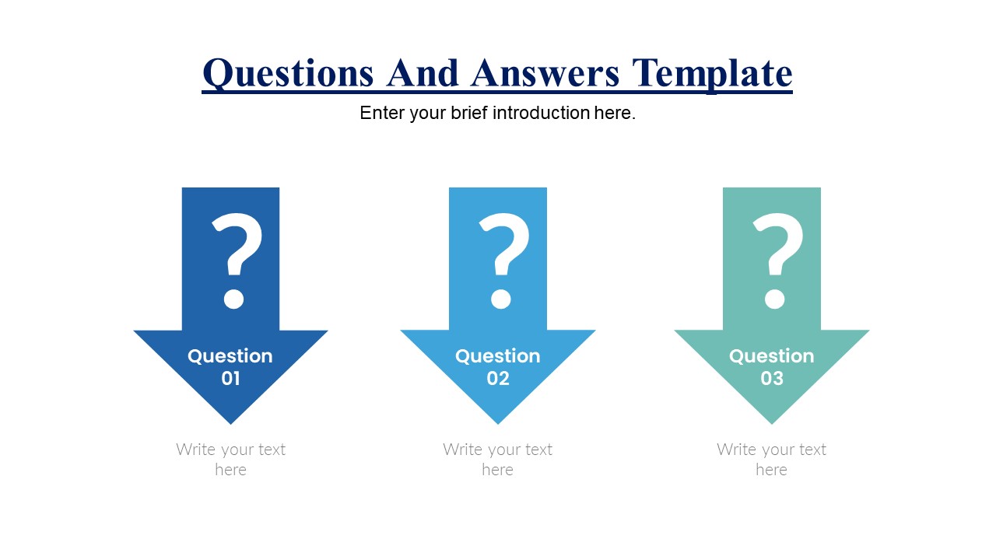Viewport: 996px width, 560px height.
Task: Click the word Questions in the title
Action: click(288, 74)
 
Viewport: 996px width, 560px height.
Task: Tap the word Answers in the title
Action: click(545, 73)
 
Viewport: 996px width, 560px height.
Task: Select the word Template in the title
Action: click(712, 75)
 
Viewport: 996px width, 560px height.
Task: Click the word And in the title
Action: click(422, 73)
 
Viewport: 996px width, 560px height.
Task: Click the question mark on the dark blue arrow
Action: click(237, 261)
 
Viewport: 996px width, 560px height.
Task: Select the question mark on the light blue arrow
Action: click(503, 261)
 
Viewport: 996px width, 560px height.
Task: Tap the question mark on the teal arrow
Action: click(777, 261)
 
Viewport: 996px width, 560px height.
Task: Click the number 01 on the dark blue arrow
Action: click(231, 379)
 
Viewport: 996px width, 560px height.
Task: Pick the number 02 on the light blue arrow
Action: click(498, 379)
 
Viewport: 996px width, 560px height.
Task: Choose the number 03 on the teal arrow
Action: click(772, 379)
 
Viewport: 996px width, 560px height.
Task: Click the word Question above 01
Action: click(230, 356)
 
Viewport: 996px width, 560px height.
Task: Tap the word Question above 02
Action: click(498, 356)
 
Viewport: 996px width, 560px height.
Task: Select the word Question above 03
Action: click(772, 356)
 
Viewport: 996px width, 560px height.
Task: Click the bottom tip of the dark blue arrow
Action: click(231, 424)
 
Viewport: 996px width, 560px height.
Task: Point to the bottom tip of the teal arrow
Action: click(772, 424)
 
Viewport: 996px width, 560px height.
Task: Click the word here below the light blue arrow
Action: click(497, 471)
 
